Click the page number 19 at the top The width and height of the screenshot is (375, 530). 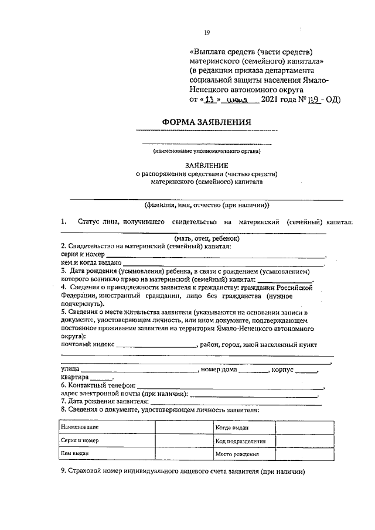click(206, 33)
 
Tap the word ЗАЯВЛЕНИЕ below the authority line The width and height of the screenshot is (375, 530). click(206, 166)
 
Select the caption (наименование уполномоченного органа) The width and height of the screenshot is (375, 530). click(206, 151)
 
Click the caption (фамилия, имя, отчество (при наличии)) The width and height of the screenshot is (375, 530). click(206, 206)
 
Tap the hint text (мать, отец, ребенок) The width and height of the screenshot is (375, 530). click(206, 238)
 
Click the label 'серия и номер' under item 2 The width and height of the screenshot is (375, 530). click(83, 255)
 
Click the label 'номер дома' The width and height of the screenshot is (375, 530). click(219, 370)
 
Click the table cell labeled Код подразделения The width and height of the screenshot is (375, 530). click(240, 441)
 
